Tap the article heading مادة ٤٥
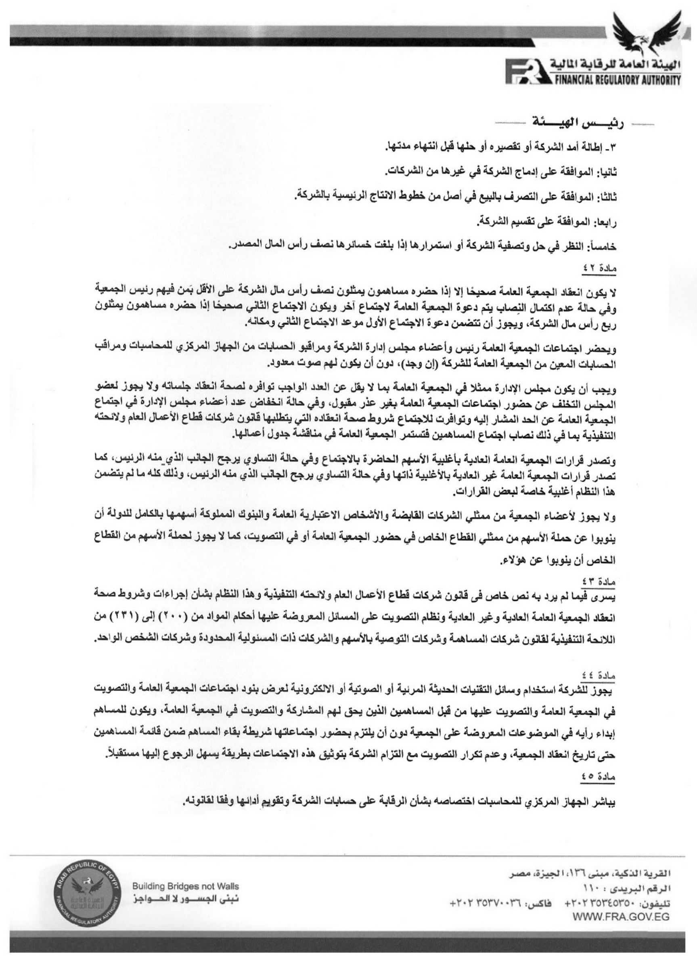(x=599, y=776)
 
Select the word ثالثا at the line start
(x=606, y=197)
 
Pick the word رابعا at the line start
(x=605, y=222)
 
